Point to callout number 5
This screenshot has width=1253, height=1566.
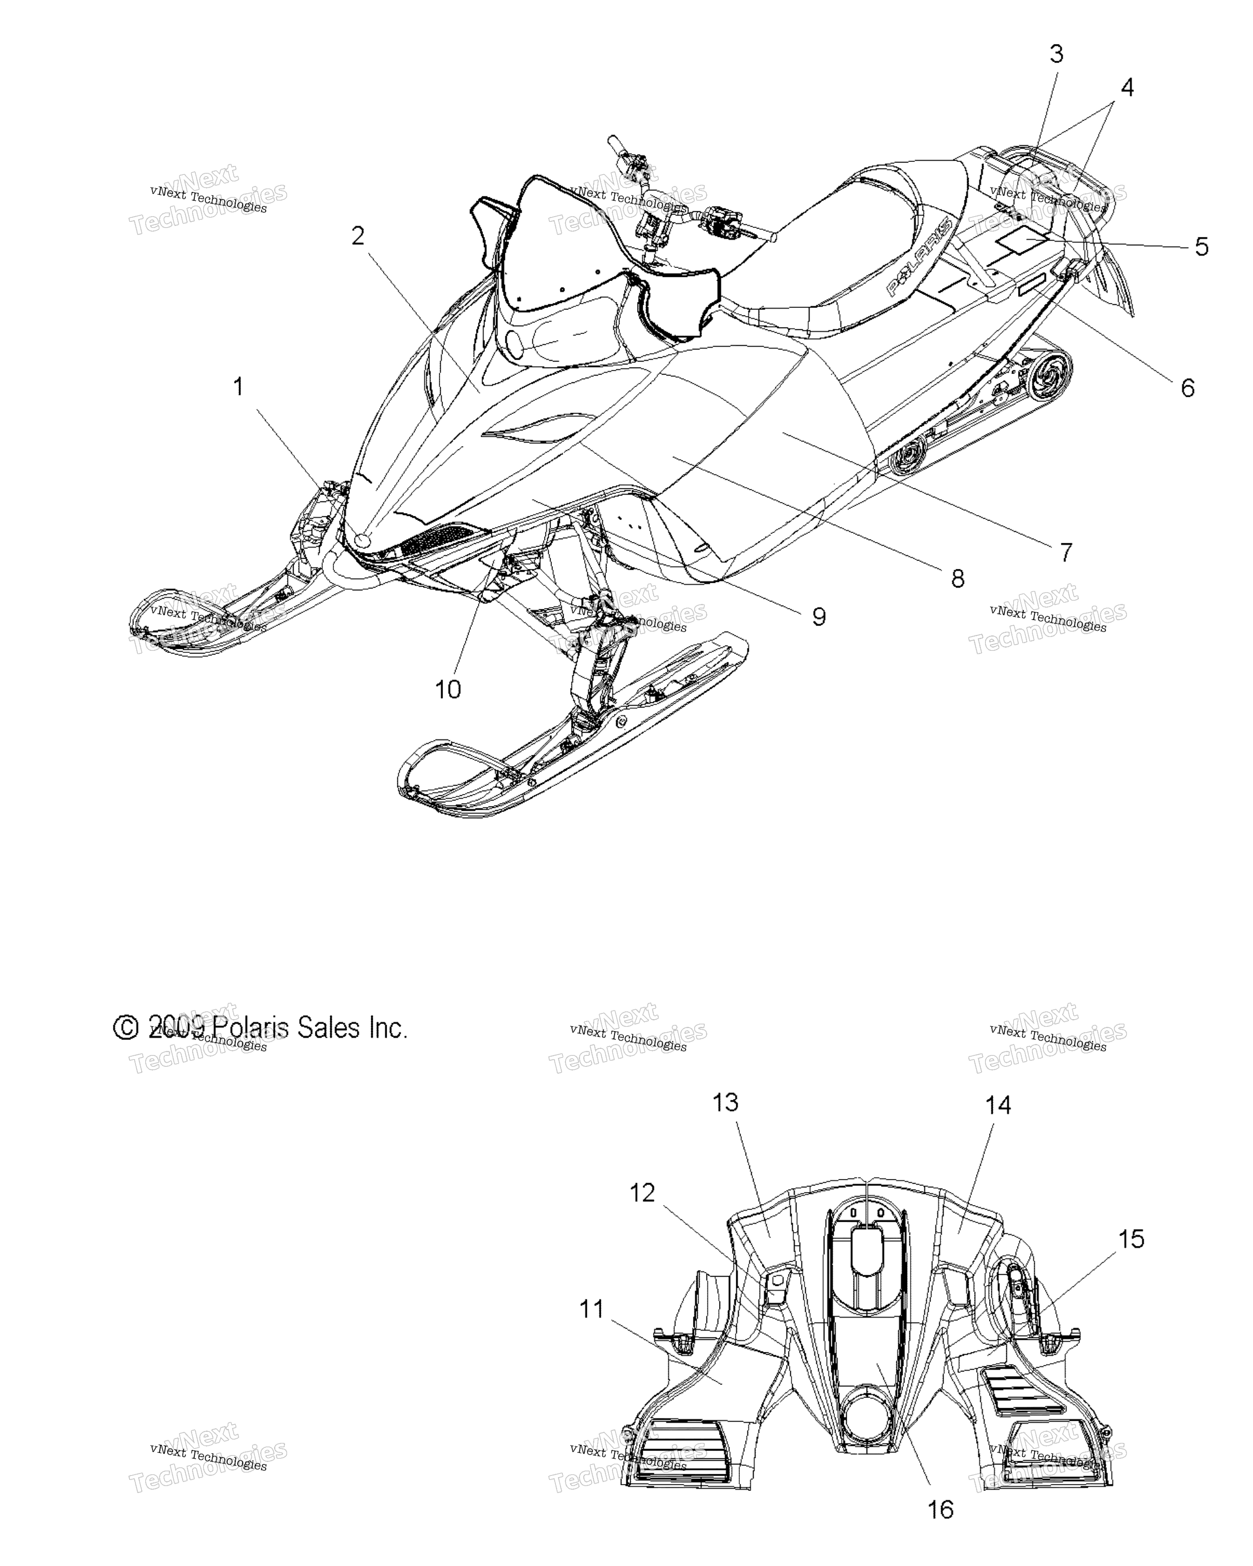click(x=1202, y=247)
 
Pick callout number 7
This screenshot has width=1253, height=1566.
click(x=1066, y=553)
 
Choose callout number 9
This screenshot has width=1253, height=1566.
click(x=819, y=617)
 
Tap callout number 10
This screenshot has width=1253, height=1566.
click(x=448, y=689)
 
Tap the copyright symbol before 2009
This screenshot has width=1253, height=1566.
click(x=126, y=1028)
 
